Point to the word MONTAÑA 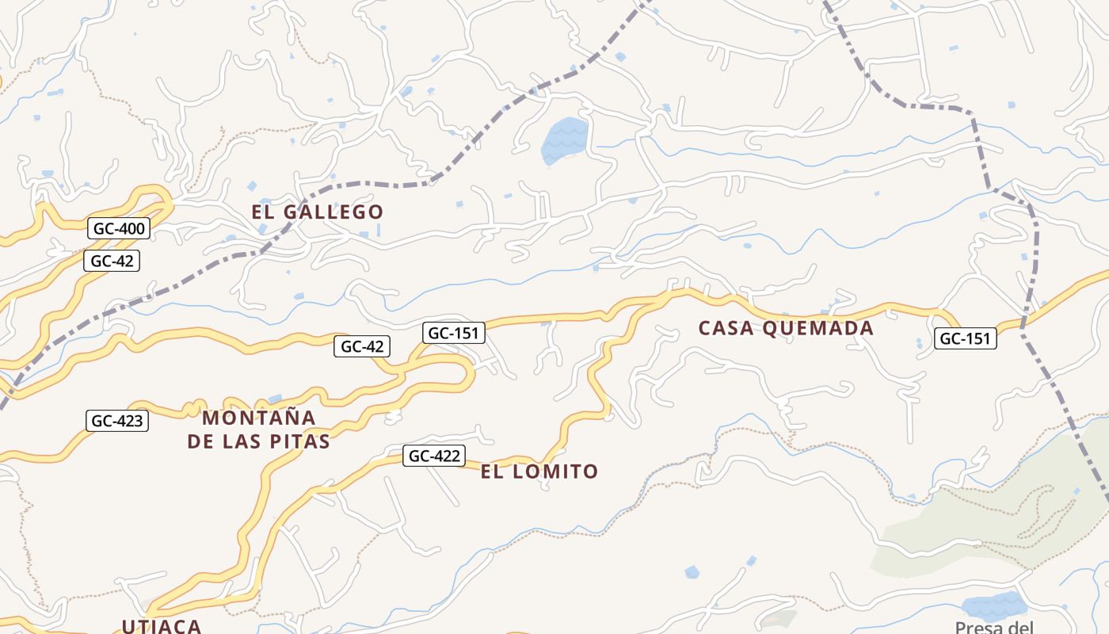pyautogui.click(x=259, y=418)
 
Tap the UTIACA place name pyautogui.click(x=162, y=625)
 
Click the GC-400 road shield pyautogui.click(x=119, y=229)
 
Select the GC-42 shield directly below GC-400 pyautogui.click(x=112, y=261)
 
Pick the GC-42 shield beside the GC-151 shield pyautogui.click(x=362, y=346)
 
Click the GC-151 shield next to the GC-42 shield pyautogui.click(x=454, y=333)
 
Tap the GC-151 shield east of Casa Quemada pyautogui.click(x=965, y=338)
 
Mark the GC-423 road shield pyautogui.click(x=117, y=421)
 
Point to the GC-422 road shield pyautogui.click(x=433, y=456)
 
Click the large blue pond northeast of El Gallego pyautogui.click(x=564, y=140)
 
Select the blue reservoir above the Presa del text pyautogui.click(x=993, y=605)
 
